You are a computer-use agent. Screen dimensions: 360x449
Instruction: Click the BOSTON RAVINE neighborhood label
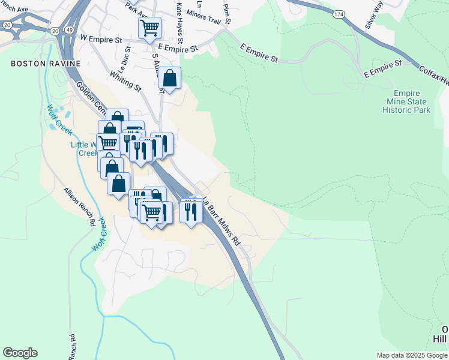[38, 63]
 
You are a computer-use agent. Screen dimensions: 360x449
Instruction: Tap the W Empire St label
[100, 38]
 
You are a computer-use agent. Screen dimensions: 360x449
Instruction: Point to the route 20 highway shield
[55, 30]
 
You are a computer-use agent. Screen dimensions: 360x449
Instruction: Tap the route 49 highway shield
[71, 30]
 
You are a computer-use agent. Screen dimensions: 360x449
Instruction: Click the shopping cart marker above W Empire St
[149, 27]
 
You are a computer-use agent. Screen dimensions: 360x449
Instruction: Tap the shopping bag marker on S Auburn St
[170, 79]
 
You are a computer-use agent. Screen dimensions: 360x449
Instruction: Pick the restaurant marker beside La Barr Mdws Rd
[191, 211]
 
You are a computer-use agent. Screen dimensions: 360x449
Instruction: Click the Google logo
[20, 353]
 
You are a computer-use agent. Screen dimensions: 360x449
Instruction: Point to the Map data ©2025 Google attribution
[412, 355]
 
